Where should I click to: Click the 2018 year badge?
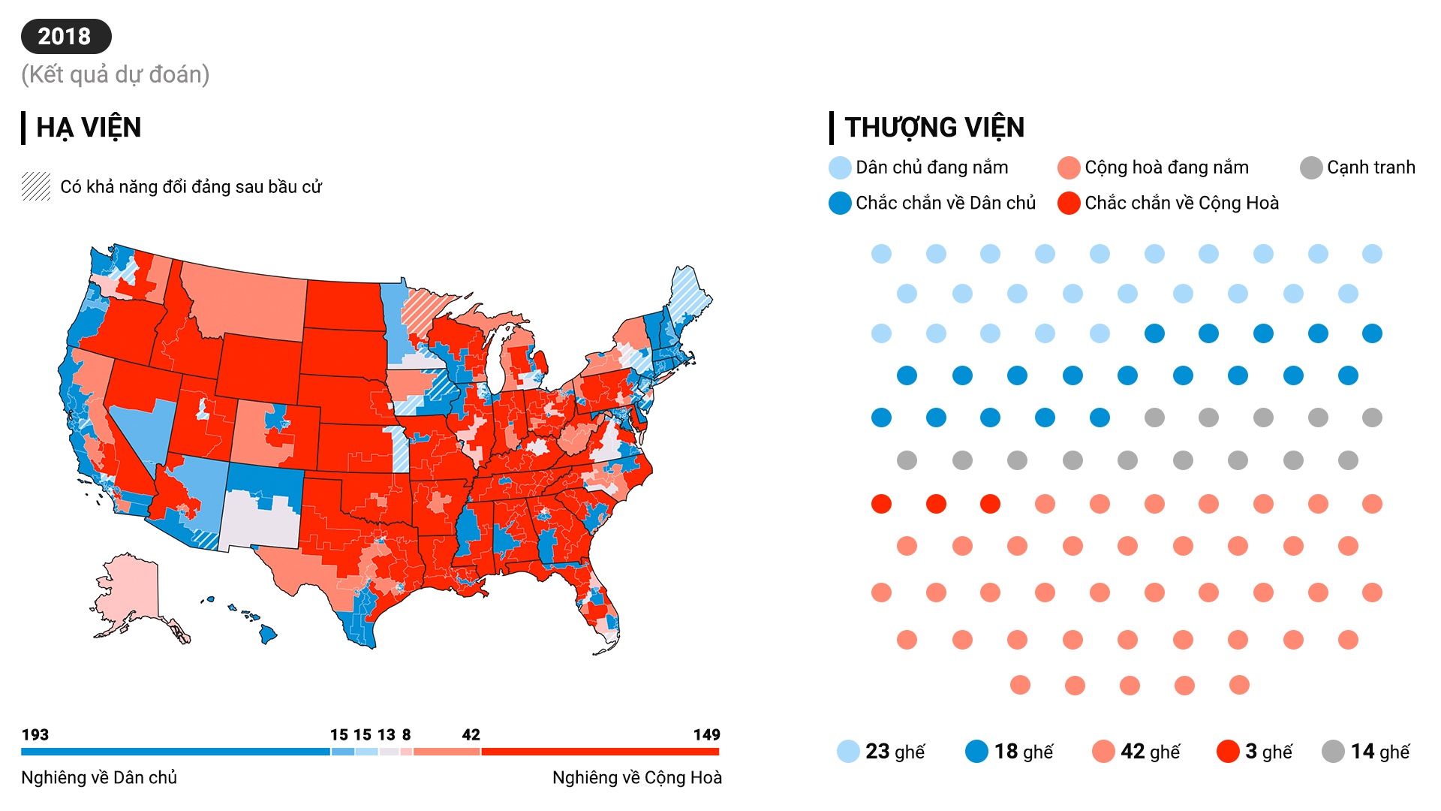tap(65, 37)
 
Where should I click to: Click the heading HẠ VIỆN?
tap(89, 128)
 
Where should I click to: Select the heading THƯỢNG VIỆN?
tap(934, 128)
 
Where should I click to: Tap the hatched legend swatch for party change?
tap(36, 186)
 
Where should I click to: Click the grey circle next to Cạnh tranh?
tap(1310, 167)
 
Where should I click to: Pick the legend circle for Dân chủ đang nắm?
tap(840, 167)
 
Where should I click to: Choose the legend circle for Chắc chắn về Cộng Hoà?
tap(1069, 203)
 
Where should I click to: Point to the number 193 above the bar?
tap(35, 734)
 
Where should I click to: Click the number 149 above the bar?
tap(706, 734)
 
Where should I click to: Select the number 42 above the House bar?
tap(471, 734)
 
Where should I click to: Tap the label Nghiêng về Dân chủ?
tap(99, 777)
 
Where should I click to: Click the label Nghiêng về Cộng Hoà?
tap(636, 777)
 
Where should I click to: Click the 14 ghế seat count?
tap(1379, 751)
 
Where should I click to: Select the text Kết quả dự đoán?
tap(115, 74)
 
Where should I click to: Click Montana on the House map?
tap(244, 300)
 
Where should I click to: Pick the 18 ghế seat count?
tap(1023, 751)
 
